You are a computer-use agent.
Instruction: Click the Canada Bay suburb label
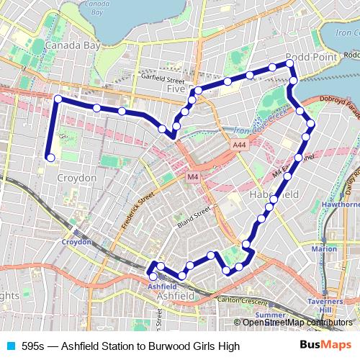point(71,46)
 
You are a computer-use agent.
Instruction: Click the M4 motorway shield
point(192,176)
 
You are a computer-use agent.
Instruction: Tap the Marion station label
point(324,248)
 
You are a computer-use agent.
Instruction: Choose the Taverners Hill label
point(336,305)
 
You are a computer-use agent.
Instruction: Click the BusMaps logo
point(325,345)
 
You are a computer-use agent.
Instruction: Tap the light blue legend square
point(10,346)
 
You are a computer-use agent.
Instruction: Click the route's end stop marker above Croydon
point(50,158)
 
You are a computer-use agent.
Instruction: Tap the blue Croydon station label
point(76,242)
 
